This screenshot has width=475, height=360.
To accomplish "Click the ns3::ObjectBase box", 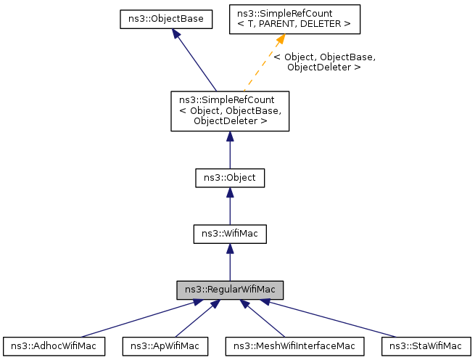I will click(165, 20).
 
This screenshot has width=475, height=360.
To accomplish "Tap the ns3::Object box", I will click(229, 177).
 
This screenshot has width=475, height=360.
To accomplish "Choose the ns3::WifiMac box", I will click(229, 234).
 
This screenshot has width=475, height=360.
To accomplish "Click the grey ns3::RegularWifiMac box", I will click(229, 290).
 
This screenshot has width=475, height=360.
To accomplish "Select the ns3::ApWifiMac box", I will click(165, 346).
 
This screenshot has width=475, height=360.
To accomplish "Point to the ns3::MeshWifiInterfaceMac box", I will click(294, 346).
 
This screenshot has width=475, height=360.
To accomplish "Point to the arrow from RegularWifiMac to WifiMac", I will click(229, 266).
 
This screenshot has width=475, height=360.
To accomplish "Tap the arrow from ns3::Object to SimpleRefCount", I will click(229, 152).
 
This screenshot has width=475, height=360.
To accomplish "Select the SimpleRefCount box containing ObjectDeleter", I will click(229, 111).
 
